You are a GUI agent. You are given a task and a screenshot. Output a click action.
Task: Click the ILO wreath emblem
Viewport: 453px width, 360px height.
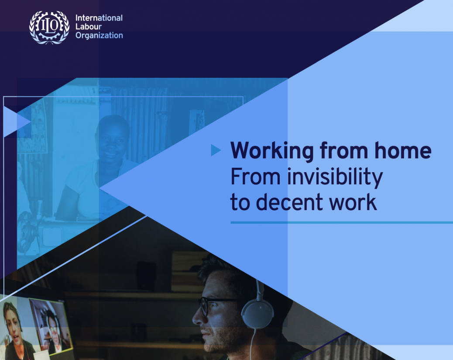pyautogui.click(x=49, y=28)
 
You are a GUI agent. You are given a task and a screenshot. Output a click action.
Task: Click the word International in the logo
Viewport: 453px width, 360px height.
pyautogui.click(x=99, y=18)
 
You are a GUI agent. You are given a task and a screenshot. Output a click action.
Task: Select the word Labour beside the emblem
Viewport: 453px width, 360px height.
pyautogui.click(x=89, y=27)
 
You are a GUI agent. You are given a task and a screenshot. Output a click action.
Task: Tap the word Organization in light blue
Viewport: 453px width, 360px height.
pyautogui.click(x=99, y=35)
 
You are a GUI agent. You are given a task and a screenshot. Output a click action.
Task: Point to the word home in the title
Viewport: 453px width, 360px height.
pyautogui.click(x=403, y=150)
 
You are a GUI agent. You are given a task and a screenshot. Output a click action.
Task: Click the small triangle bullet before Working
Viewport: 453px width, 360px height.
pyautogui.click(x=215, y=150)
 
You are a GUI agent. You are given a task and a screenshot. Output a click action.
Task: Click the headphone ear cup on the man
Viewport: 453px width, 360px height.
pyautogui.click(x=257, y=313)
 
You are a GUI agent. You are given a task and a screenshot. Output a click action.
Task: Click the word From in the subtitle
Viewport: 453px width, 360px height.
pyautogui.click(x=255, y=177)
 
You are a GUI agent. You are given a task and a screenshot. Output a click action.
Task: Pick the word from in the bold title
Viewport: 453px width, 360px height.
pyautogui.click(x=344, y=150)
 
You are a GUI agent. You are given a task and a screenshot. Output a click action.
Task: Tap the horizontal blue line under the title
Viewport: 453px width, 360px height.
pyautogui.click(x=342, y=222)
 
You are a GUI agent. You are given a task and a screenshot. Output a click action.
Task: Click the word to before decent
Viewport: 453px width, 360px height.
pyautogui.click(x=240, y=202)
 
